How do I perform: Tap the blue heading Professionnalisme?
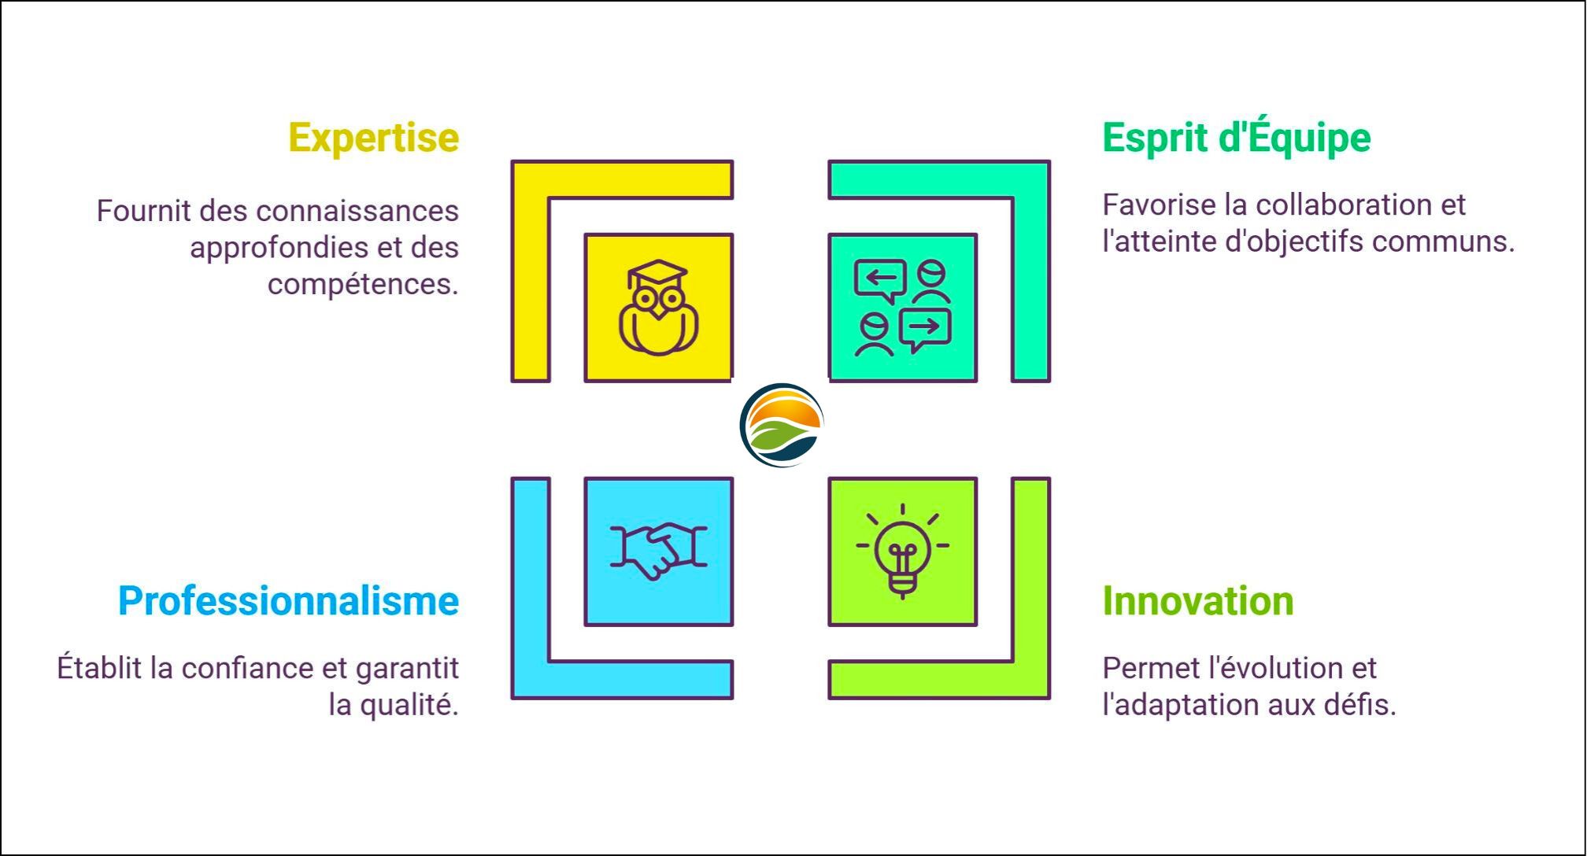click(x=288, y=601)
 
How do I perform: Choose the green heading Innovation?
click(x=1197, y=601)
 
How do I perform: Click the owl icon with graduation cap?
click(x=659, y=308)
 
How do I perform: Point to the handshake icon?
click(x=659, y=551)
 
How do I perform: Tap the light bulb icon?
click(x=902, y=552)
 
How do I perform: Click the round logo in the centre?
click(x=782, y=425)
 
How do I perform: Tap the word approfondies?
click(x=279, y=249)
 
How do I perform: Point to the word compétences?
click(x=363, y=284)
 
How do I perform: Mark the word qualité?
click(x=409, y=705)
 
